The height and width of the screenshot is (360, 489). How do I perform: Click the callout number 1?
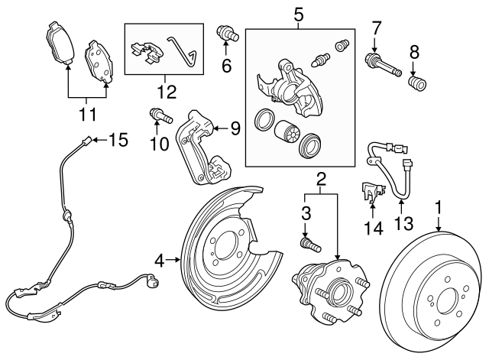click(x=439, y=206)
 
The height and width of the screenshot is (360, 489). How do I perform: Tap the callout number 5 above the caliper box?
click(x=298, y=14)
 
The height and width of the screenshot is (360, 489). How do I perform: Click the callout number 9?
click(x=234, y=128)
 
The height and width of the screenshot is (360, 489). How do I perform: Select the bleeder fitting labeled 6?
click(x=227, y=34)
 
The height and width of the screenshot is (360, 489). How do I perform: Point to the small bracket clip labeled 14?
click(x=371, y=192)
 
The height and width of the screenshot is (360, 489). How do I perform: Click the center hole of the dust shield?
click(x=225, y=249)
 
